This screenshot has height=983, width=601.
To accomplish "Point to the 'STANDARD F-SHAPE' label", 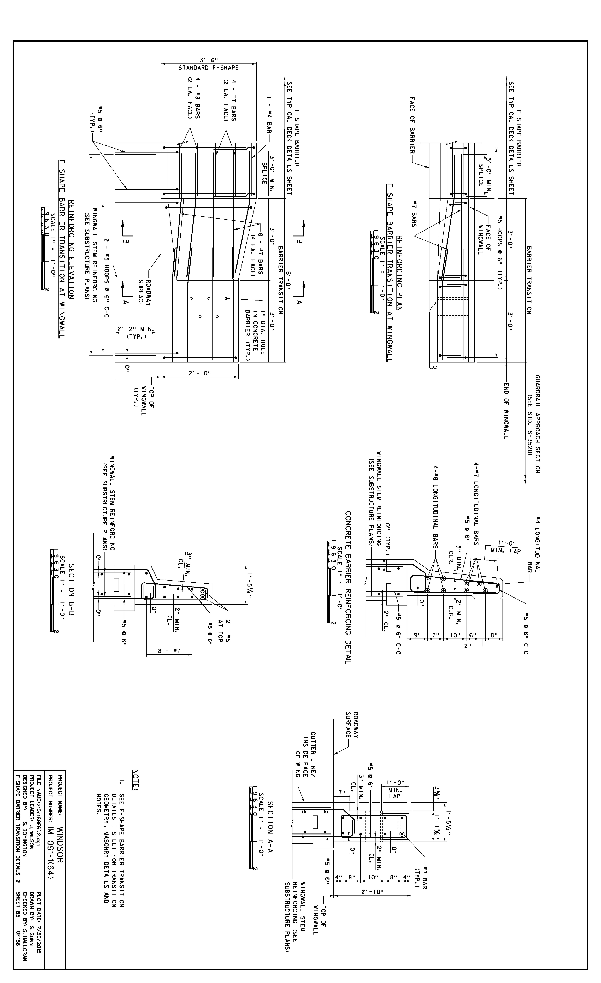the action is pos(208,68).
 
